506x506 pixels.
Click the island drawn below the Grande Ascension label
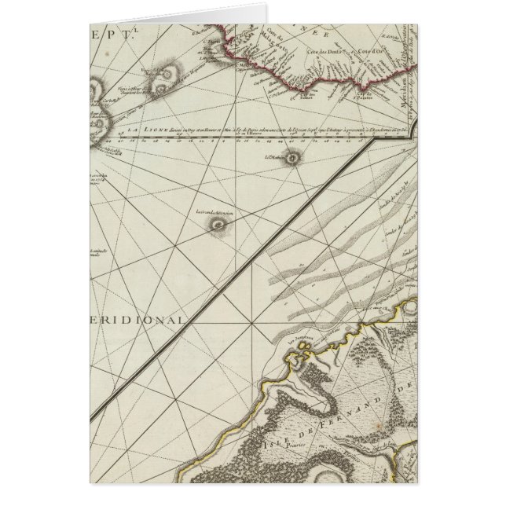[x=215, y=225]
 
